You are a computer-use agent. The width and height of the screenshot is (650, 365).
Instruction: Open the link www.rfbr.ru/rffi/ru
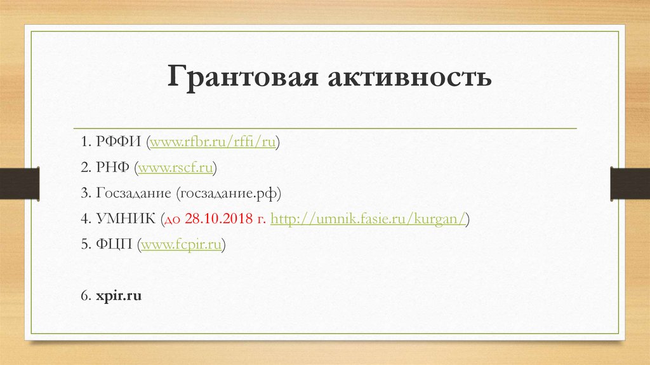[213, 142]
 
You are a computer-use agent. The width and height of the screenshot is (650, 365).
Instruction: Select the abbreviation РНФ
[112, 168]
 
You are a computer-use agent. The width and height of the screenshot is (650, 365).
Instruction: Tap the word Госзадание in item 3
[133, 193]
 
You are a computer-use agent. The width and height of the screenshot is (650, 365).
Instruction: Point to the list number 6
[84, 296]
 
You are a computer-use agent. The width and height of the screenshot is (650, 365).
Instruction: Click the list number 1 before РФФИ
[84, 142]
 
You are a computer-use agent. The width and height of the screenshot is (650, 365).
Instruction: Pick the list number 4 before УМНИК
[84, 219]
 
